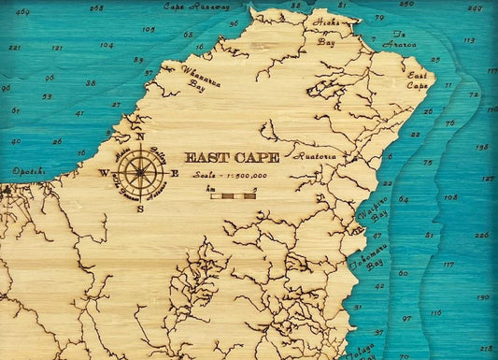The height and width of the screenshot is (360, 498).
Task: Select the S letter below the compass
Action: click(x=140, y=208)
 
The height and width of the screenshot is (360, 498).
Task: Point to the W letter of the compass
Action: click(x=104, y=173)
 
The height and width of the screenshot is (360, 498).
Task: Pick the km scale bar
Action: click(x=233, y=196)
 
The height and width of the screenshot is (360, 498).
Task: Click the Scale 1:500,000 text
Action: click(x=227, y=176)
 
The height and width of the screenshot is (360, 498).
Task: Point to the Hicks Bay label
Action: click(x=327, y=32)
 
